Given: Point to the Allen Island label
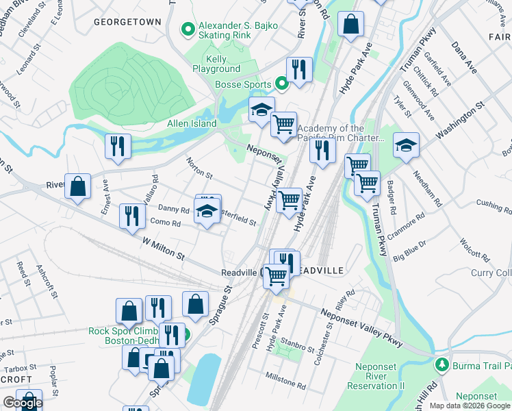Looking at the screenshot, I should (192, 124).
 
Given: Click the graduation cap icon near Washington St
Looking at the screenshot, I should (406, 145).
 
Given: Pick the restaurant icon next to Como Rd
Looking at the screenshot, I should (128, 216).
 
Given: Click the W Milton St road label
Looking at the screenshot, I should (164, 249).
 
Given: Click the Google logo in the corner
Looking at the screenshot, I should (22, 403).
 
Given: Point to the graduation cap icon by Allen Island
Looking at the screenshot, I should (261, 111).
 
